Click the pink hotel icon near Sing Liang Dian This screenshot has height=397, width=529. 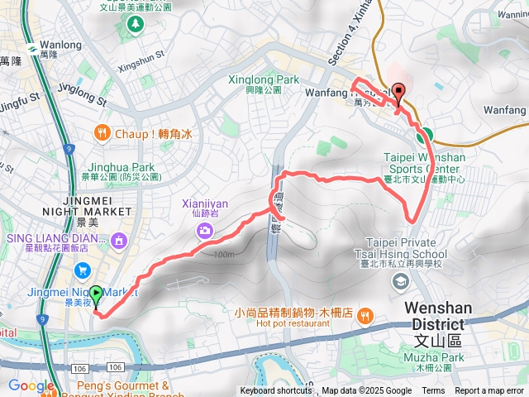[x=120, y=241]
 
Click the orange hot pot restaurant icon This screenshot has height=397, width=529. [x=365, y=314]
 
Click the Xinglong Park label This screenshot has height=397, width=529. [x=263, y=80]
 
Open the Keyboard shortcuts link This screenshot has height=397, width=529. [x=276, y=391]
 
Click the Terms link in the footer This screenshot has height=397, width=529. [x=433, y=391]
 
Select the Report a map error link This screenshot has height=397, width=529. [x=490, y=391]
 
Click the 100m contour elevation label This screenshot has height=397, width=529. [x=222, y=254]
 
